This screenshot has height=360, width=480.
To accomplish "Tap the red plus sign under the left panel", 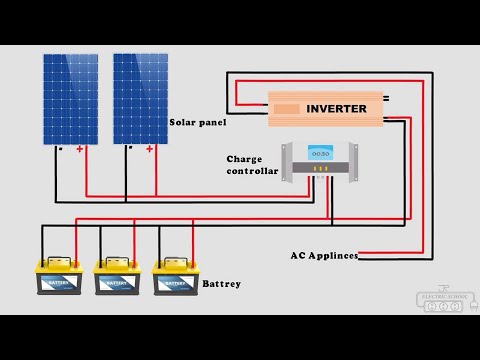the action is point(80,150).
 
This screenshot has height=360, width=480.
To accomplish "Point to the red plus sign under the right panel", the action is point(150,150).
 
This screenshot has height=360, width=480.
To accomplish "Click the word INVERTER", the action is point(336,108).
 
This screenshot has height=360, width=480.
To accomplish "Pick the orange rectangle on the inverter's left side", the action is point(288,108).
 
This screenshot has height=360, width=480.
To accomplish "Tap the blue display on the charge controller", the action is point(319,154).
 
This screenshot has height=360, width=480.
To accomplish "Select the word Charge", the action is point(244,158).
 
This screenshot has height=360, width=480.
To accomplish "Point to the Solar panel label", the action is point(198,122).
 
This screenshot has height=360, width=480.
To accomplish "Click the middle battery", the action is point(117,278).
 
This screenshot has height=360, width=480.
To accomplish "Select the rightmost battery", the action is point(175,278).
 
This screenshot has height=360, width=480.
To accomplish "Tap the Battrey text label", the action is point(221,284).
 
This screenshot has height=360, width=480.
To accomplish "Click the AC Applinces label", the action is point(324,256).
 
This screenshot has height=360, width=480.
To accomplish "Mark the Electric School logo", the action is point(441,300).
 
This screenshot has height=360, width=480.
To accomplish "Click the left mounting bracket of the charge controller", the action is point(286,162).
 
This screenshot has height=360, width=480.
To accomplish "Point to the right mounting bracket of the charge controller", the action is point(352,162).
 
